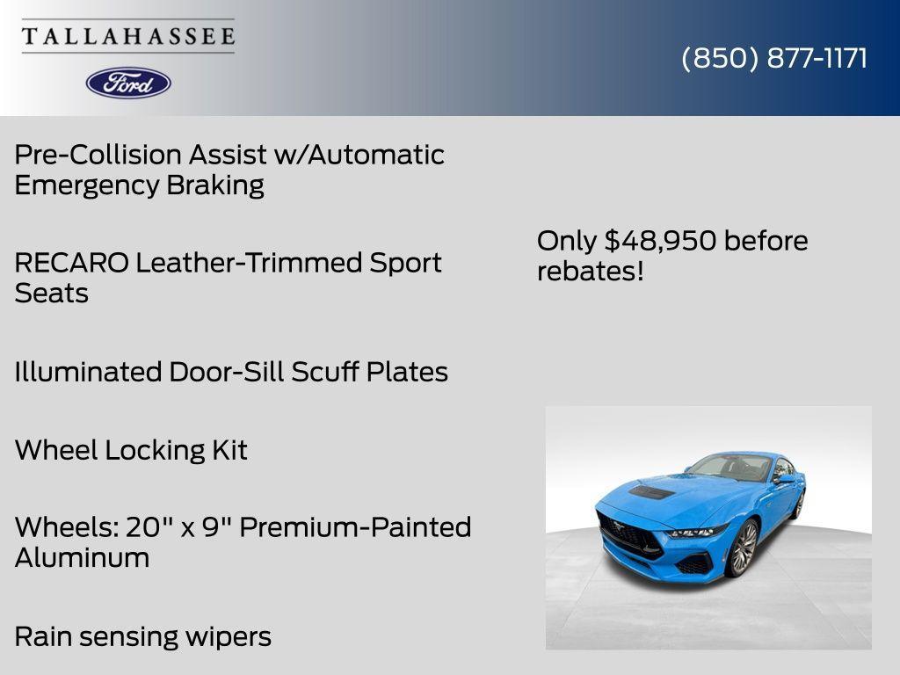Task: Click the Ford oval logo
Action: [128, 83]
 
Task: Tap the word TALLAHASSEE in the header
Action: [128, 37]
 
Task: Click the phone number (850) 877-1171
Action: [774, 58]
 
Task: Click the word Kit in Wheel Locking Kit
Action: [229, 450]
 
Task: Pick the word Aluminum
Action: [82, 558]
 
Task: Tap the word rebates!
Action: [591, 271]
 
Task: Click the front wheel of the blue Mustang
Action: [743, 548]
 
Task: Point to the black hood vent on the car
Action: [651, 493]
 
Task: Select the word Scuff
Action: [325, 372]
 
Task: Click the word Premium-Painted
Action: [355, 527]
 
